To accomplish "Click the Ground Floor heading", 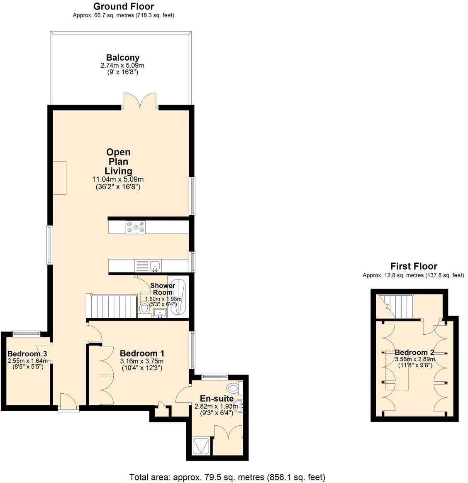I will (x=123, y=7).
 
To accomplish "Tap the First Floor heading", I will (x=413, y=266).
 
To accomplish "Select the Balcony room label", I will (x=123, y=58).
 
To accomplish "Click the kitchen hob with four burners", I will (x=136, y=227).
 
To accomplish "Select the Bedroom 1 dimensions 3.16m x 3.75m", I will (x=142, y=361).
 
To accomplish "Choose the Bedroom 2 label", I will (x=414, y=353).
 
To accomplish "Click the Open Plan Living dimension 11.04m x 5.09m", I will (x=118, y=179).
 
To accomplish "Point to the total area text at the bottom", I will (x=227, y=477).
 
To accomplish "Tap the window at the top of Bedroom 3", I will (x=26, y=332).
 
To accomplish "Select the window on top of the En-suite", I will (x=214, y=377).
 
